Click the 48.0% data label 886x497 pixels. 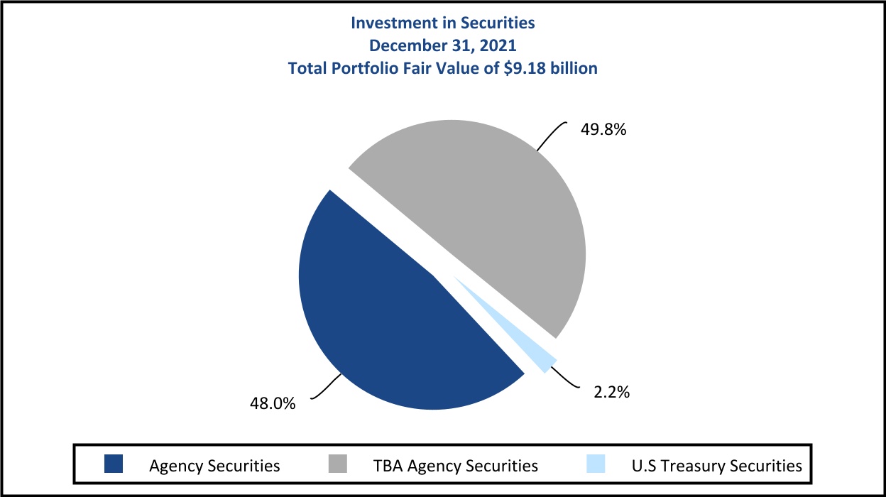[x=272, y=403]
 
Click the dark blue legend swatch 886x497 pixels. [x=113, y=465]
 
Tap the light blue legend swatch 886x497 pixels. [x=596, y=465]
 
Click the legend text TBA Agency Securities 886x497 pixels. [x=455, y=466]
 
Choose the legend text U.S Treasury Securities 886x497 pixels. [x=716, y=466]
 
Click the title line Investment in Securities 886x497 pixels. [x=443, y=23]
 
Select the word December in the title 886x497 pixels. [x=403, y=45]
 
